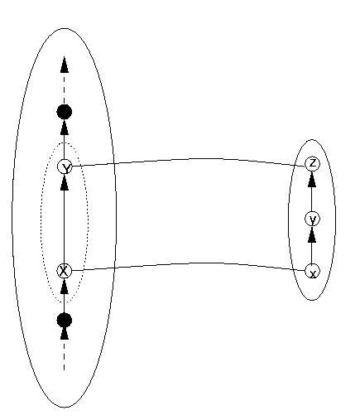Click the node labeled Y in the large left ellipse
(65, 167)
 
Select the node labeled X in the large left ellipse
(64, 271)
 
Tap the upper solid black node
(65, 112)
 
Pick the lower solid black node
(65, 321)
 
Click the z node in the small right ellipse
(312, 164)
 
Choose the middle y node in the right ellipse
(312, 219)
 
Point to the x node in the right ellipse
(312, 271)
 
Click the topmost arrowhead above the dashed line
(65, 65)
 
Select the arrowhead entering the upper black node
(65, 127)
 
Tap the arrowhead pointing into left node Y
(65, 182)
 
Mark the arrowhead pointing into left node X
(65, 286)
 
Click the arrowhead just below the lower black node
(65, 333)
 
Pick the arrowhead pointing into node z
(312, 179)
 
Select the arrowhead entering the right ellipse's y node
(312, 234)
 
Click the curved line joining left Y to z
(193, 159)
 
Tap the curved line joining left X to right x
(193, 263)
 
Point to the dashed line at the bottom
(65, 355)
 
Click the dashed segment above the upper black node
(65, 89)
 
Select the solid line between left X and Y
(65, 226)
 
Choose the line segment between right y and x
(312, 253)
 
